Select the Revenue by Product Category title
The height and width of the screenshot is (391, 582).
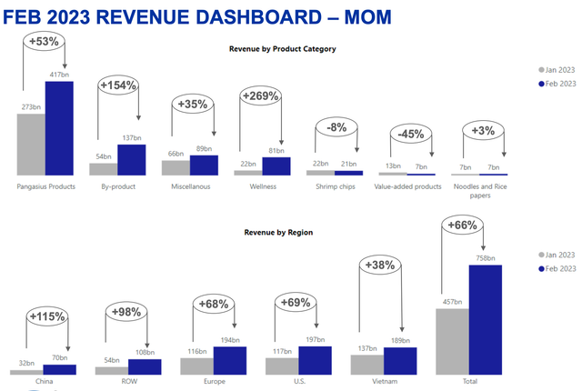tap(283, 48)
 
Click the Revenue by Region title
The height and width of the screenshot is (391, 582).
tap(278, 233)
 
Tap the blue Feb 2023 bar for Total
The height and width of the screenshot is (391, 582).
tap(486, 319)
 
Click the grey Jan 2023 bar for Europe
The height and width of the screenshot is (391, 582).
tap(196, 366)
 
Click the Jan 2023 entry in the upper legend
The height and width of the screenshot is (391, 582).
tap(557, 69)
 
